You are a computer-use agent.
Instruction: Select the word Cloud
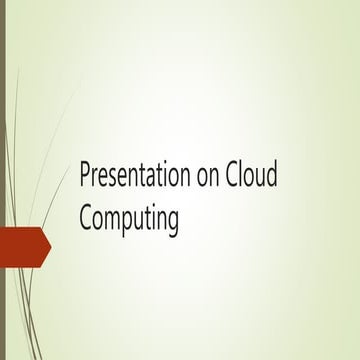[x=255, y=176]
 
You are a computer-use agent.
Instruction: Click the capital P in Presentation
[x=86, y=176]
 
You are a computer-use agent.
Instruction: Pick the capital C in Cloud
[x=236, y=176]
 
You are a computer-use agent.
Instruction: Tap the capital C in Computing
[x=86, y=219]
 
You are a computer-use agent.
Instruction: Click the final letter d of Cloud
[x=274, y=176]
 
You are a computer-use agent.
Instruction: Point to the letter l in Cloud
[x=246, y=176]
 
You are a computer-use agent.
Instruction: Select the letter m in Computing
[x=112, y=221]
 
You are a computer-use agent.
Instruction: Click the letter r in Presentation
[x=96, y=178]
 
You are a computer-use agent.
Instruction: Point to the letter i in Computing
[x=152, y=219]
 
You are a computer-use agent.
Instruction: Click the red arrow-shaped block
[x=22, y=247]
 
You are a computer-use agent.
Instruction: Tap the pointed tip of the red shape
[x=50, y=247]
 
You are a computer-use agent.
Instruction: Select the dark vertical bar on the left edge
[x=3, y=180]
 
